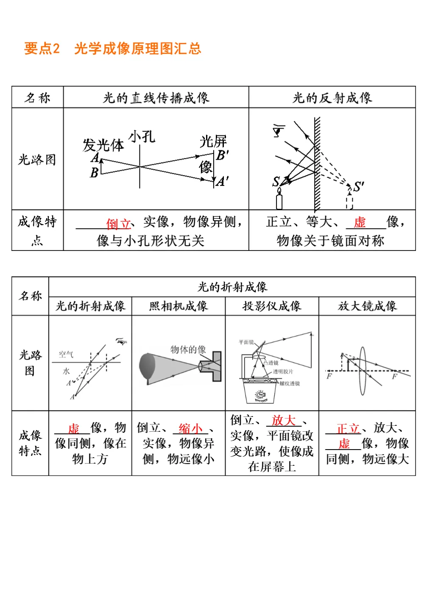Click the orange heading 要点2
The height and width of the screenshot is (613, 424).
point(42,48)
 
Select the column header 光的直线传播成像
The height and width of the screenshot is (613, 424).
point(156,98)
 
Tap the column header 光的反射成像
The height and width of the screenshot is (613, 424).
point(332,98)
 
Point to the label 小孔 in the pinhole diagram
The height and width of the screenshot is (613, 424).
point(142,137)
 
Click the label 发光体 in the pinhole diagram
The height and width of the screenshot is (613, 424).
point(103,145)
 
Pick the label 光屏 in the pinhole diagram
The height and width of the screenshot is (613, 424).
point(213,141)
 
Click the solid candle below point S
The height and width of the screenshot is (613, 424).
point(279,200)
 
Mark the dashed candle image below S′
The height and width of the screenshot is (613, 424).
point(349,200)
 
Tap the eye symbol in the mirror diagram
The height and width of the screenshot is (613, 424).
point(279,131)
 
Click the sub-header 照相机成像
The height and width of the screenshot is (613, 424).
point(179,306)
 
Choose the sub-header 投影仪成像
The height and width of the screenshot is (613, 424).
point(272,306)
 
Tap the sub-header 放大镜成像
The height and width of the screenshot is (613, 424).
point(367,306)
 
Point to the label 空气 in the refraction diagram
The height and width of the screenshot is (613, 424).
point(66,354)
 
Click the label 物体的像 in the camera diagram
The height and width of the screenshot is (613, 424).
point(188,349)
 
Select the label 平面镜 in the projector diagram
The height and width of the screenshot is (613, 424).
point(246,342)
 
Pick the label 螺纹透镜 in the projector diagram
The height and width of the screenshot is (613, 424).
point(290,383)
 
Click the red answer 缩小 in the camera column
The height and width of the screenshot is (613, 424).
point(190,428)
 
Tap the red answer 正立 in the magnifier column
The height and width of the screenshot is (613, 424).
point(348,428)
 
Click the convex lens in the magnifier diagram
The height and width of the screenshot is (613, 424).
point(363,371)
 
